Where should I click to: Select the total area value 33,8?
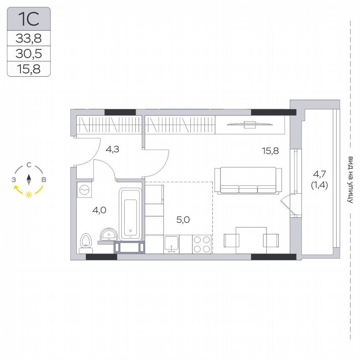(29, 39)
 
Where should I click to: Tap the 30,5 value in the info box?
(29, 53)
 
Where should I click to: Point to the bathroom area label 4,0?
(99, 210)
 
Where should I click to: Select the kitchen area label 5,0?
(183, 220)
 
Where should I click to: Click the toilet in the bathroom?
(86, 240)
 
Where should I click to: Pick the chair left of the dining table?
(232, 240)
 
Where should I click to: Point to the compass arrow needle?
(29, 180)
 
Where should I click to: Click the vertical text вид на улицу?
(350, 180)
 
